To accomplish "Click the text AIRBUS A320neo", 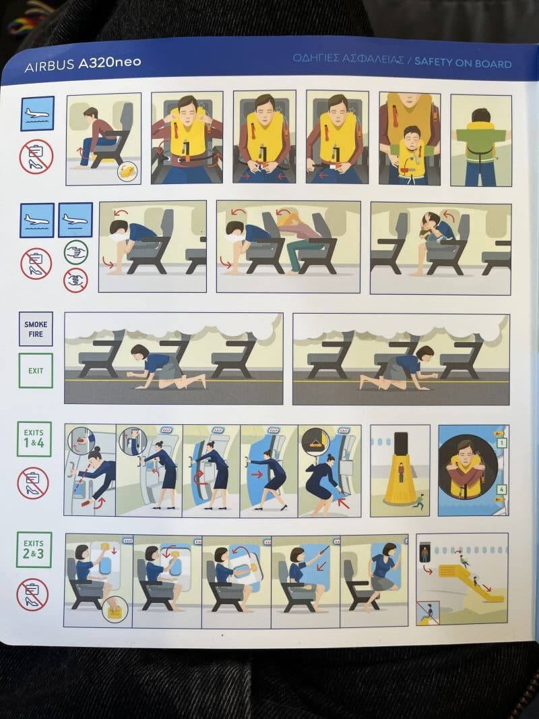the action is [x=82, y=63].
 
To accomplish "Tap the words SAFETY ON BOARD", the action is [x=463, y=63].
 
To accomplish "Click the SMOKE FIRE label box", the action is [x=36, y=328].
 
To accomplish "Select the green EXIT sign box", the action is [x=36, y=370].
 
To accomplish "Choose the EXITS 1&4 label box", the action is [x=34, y=439].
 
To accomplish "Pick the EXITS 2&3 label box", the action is [x=34, y=550].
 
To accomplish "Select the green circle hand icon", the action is [x=75, y=252].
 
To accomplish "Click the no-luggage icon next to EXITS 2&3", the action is [x=32, y=594].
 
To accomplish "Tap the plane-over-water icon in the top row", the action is [x=38, y=113].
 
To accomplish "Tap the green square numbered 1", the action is [x=502, y=443].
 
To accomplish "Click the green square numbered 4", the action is [x=502, y=490].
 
